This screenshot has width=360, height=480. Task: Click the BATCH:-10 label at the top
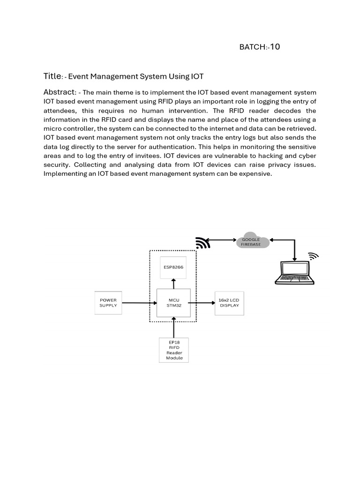click(259, 46)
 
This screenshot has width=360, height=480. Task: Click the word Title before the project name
click(52, 76)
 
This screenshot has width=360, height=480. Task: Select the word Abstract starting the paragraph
click(60, 92)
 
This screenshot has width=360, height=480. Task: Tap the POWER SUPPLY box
click(108, 302)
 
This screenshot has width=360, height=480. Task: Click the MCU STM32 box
click(173, 303)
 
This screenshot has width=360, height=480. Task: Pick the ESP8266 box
click(173, 267)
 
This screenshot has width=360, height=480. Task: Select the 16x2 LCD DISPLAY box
click(229, 302)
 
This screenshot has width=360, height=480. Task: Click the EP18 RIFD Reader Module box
click(174, 350)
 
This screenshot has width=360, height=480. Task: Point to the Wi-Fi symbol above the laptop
click(313, 255)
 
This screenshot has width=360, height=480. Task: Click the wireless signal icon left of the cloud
click(202, 243)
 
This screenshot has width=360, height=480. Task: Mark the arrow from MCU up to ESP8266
click(174, 284)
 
